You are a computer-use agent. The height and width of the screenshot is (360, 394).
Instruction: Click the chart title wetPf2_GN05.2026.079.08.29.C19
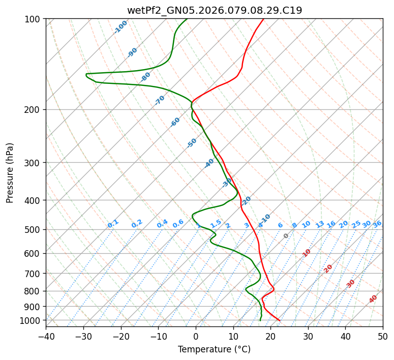pos(214,10)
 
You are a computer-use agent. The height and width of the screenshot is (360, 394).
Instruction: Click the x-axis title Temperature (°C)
pos(214,349)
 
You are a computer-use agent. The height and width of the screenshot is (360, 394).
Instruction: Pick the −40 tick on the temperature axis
pos(46,336)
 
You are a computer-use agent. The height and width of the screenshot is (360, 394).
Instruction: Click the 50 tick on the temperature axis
pos(383,336)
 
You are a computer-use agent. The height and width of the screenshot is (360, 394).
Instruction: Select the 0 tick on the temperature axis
pos(196,336)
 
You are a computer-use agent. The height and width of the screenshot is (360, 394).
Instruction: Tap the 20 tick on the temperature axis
pos(270,336)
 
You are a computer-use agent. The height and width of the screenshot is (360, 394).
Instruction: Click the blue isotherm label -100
pos(120,27)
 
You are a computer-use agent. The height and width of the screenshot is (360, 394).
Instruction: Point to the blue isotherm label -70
pos(160,100)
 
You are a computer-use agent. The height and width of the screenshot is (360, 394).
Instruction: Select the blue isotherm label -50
pos(192,143)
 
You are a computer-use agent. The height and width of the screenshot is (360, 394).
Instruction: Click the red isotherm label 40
pos(373,299)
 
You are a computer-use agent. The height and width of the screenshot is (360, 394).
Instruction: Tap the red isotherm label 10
pos(307,253)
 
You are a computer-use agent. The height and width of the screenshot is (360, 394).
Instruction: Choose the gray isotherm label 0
pos(286,236)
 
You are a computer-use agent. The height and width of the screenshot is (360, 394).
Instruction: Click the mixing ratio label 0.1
pos(113,224)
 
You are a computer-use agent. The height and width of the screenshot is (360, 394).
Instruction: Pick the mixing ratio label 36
pos(377,224)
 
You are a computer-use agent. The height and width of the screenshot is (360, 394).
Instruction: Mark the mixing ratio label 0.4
pos(162,224)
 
